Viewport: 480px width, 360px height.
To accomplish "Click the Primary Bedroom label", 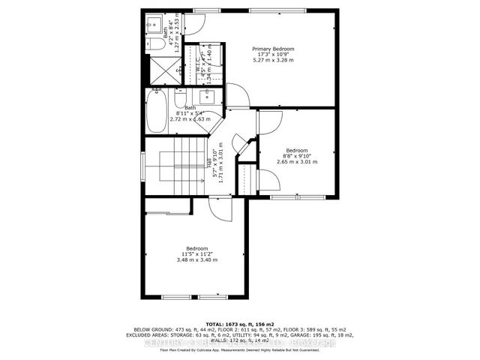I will [x=273, y=49].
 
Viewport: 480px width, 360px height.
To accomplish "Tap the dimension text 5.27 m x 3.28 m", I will [x=273, y=61].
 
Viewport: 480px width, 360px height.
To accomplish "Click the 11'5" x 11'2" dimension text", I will [x=197, y=254].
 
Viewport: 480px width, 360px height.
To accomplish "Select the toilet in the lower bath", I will [x=181, y=100].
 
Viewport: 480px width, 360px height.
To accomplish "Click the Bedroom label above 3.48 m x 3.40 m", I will [x=197, y=248].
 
